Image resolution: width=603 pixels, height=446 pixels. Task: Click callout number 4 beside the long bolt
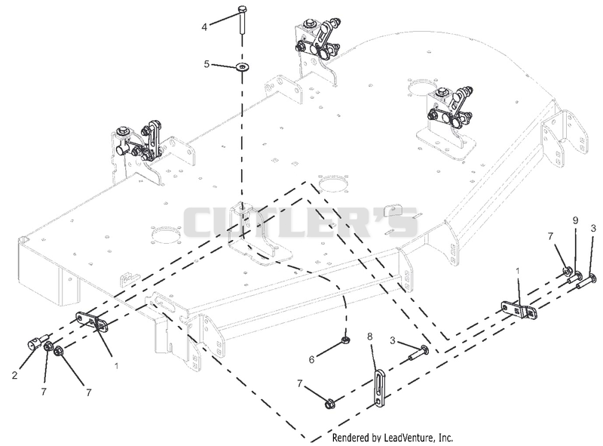pyautogui.click(x=204, y=27)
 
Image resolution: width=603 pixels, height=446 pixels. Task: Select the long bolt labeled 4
pyautogui.click(x=241, y=20)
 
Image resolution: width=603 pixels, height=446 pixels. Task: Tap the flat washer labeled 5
pyautogui.click(x=242, y=67)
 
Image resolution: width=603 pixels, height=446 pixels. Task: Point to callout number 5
pyautogui.click(x=207, y=64)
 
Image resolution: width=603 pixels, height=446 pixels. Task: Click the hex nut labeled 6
pyautogui.click(x=345, y=340)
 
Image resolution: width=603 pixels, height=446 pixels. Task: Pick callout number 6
pyautogui.click(x=311, y=359)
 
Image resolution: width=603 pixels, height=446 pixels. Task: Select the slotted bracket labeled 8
pyautogui.click(x=379, y=388)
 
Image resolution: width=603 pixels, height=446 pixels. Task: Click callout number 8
pyautogui.click(x=370, y=337)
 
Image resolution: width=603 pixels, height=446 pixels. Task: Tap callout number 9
pyautogui.click(x=575, y=220)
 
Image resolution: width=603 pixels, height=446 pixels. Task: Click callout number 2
pyautogui.click(x=14, y=375)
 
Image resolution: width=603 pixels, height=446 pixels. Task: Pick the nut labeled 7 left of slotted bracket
pyautogui.click(x=329, y=404)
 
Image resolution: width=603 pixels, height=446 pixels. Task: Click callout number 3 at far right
pyautogui.click(x=593, y=229)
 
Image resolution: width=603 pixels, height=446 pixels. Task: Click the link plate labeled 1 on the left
pyautogui.click(x=92, y=321)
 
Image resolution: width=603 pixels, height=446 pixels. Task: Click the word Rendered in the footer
pyautogui.click(x=350, y=438)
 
